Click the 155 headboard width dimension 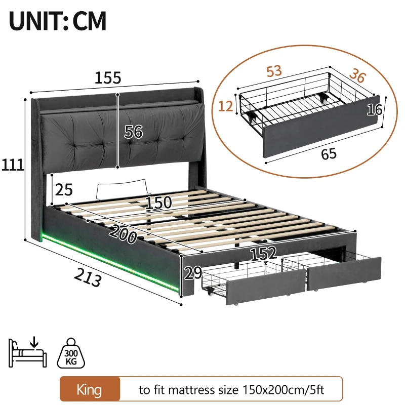tap(108, 78)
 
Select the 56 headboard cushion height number tap(134, 132)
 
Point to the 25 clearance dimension tap(64, 190)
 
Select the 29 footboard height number tap(193, 273)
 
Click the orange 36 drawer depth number tap(357, 76)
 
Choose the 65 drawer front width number tap(329, 153)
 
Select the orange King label tap(90, 390)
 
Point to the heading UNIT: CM tap(58, 22)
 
